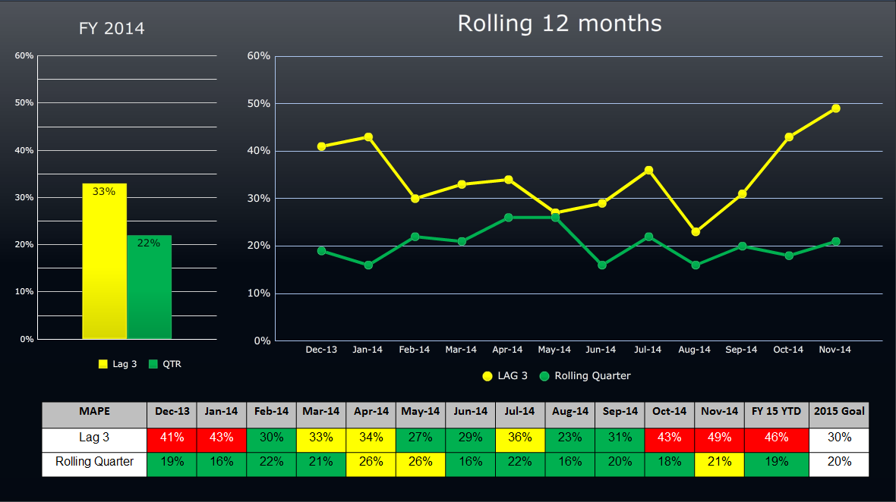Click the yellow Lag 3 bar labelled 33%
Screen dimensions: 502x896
coord(104,261)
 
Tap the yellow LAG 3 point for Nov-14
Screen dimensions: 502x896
coord(835,108)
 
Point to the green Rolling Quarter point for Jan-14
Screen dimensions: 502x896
coord(368,265)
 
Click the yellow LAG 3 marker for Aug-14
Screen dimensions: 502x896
coord(696,232)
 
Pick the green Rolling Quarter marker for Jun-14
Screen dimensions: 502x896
coord(602,265)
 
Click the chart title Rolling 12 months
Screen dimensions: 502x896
coord(560,24)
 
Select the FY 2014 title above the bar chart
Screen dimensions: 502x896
coord(112,29)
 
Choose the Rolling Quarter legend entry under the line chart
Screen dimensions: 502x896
coord(585,375)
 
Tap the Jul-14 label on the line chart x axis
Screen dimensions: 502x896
coord(648,350)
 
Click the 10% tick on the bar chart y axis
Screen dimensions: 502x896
coord(24,292)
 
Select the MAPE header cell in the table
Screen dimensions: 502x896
coord(94,412)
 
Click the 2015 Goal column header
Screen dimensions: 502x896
coord(838,412)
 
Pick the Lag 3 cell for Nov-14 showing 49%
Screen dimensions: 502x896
coord(718,438)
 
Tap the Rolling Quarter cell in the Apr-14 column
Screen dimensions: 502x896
coord(371,462)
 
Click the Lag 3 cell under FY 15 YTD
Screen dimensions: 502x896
coord(776,438)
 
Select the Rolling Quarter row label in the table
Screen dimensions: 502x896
coord(94,462)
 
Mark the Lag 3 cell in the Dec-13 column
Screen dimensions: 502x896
coord(172,438)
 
